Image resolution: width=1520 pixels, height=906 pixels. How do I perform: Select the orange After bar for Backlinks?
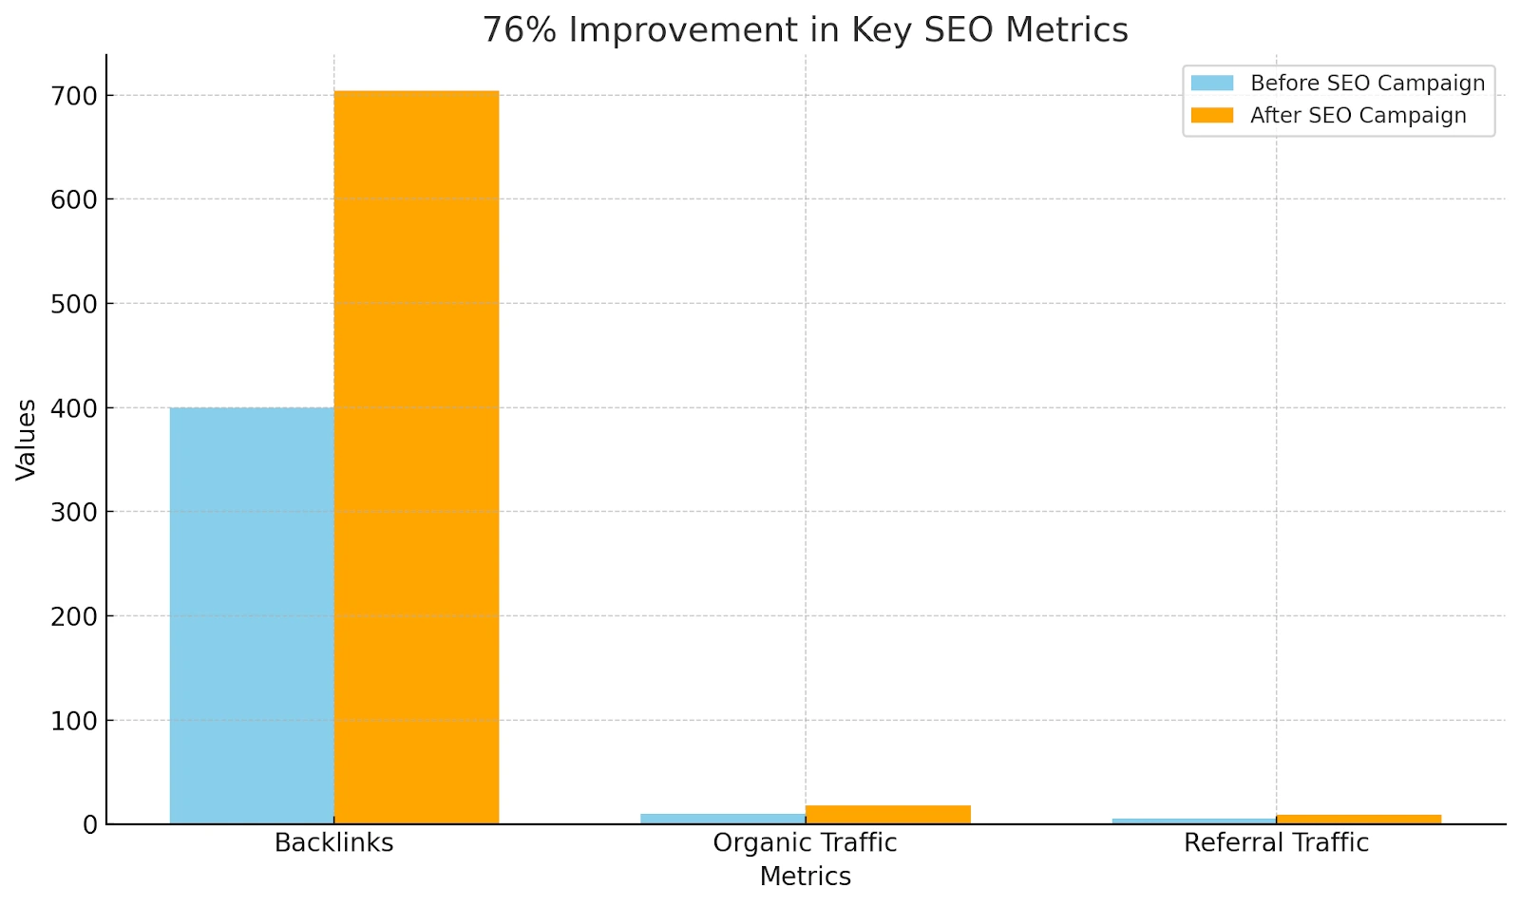(416, 457)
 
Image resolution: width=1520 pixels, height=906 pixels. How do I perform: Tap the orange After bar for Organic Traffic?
(887, 815)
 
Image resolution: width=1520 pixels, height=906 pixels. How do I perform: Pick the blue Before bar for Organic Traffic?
(723, 819)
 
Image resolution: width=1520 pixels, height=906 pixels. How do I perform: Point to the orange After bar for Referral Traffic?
(1358, 820)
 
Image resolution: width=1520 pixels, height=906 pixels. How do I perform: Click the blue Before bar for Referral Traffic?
(1194, 821)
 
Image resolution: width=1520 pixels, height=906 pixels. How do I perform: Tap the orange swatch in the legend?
(1212, 116)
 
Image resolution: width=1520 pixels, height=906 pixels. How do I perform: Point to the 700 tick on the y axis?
(75, 96)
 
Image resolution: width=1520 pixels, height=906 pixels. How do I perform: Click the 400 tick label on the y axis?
(75, 408)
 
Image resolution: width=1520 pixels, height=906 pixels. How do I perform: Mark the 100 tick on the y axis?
(75, 721)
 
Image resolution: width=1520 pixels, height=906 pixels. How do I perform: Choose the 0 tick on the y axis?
(90, 825)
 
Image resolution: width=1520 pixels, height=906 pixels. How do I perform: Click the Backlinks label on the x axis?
(333, 843)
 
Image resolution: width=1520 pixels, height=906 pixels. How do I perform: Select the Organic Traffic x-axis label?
(805, 843)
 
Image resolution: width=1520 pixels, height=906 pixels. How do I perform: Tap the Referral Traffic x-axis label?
(1276, 843)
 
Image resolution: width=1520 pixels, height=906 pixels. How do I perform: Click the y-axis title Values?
(27, 439)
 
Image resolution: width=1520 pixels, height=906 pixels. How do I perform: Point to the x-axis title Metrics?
(805, 877)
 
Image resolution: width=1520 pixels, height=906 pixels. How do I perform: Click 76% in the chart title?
(519, 30)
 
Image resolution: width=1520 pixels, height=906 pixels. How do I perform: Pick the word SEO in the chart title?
(959, 30)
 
